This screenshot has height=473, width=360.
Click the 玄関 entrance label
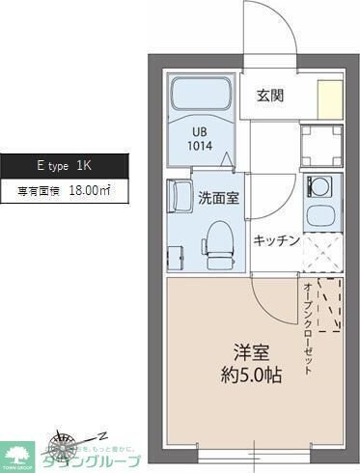[269, 95]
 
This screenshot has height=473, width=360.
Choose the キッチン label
[277, 241]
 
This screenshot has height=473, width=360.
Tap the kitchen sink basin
[318, 217]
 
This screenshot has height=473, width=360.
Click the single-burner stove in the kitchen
[318, 184]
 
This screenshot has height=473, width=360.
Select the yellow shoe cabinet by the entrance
[331, 99]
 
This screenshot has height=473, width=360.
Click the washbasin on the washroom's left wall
[180, 197]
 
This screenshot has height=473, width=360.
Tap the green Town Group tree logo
[16, 451]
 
